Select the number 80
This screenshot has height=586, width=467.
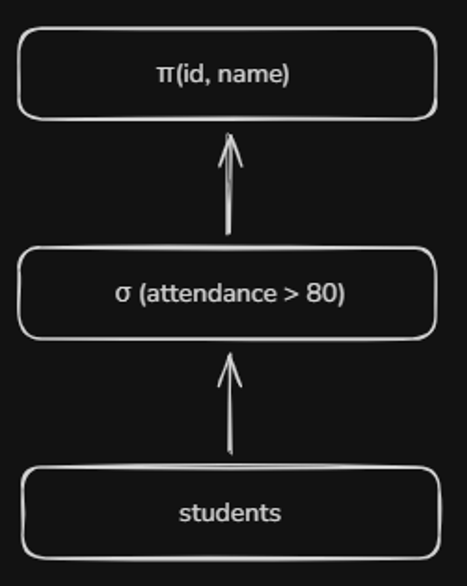(x=320, y=294)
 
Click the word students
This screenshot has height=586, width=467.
(x=230, y=513)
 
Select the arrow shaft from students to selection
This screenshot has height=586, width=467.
(x=230, y=416)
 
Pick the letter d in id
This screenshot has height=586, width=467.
(x=197, y=74)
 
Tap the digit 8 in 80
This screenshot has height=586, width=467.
(x=313, y=294)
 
